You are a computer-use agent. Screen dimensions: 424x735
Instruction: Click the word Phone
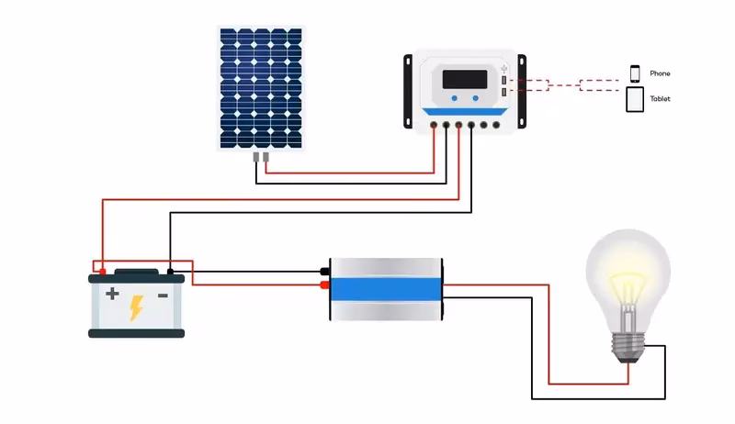660,73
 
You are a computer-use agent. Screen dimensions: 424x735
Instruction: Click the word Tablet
660,98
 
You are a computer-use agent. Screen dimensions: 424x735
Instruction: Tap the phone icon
634,73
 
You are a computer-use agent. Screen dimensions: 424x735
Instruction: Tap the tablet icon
635,99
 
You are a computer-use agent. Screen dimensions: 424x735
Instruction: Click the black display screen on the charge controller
463,79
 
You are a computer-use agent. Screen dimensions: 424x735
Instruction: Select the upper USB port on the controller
504,81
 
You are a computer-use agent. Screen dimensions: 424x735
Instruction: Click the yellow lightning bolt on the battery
136,307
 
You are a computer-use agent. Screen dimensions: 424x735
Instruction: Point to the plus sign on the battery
111,295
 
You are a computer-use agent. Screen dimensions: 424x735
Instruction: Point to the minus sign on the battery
162,295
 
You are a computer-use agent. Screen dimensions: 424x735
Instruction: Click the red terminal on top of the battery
102,272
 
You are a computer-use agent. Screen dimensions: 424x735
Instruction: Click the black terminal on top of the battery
171,272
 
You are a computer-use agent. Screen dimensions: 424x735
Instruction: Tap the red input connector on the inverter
324,285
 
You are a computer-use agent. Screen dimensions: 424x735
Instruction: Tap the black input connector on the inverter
324,272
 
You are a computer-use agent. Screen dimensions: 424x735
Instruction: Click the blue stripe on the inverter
387,288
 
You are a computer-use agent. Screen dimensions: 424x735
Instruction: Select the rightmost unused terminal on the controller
495,124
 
